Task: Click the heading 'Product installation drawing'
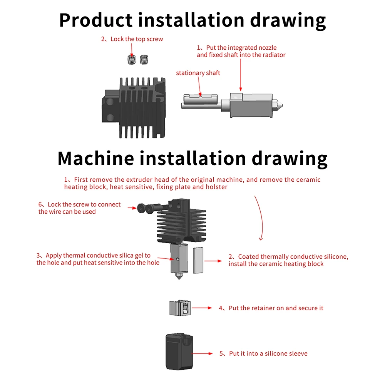point(192,20)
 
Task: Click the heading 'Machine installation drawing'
point(192,158)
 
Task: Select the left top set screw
point(132,60)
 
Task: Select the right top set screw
point(144,60)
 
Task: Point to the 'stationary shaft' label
point(198,73)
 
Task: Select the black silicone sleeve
point(178,353)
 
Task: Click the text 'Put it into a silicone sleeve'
point(268,353)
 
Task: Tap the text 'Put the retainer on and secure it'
point(276,308)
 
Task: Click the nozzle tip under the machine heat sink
point(179,277)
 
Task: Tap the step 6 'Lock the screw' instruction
point(79,208)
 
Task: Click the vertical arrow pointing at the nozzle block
point(241,75)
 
